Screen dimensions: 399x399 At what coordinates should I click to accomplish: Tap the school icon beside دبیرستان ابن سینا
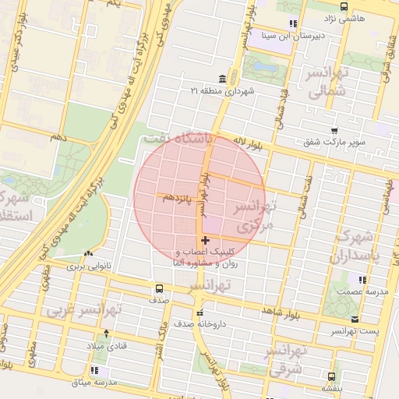(293, 23)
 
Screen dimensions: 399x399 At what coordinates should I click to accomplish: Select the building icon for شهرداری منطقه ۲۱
(223, 79)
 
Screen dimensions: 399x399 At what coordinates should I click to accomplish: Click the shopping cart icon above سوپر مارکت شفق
(334, 131)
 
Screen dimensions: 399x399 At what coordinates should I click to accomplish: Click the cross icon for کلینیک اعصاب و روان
(205, 241)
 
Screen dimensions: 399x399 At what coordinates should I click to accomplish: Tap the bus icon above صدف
(158, 288)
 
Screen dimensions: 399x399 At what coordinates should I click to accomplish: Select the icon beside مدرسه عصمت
(362, 279)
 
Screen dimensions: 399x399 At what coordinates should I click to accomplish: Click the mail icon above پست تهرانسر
(355, 320)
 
